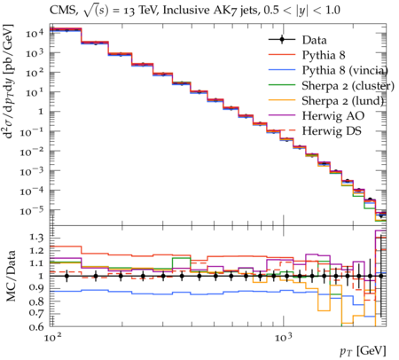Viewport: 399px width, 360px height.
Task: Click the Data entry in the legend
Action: (x=314, y=40)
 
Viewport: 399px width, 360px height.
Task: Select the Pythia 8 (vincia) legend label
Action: (x=345, y=70)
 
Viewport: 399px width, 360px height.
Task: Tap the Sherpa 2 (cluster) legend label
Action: (x=348, y=86)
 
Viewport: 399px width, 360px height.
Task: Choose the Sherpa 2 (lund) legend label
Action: (x=342, y=101)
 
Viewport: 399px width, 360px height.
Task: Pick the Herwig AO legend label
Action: (x=333, y=116)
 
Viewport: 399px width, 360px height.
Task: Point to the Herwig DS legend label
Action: (x=332, y=131)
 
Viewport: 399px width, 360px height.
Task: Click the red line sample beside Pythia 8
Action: (x=282, y=55)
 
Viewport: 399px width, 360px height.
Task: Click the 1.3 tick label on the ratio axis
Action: (x=36, y=238)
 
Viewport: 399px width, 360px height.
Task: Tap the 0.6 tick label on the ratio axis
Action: (x=36, y=326)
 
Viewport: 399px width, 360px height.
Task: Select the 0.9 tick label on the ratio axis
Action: (x=36, y=287)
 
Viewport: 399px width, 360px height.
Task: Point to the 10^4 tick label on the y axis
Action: (x=35, y=33)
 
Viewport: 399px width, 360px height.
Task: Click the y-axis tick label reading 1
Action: (x=40, y=112)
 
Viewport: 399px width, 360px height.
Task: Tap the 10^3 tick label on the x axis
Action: (x=284, y=337)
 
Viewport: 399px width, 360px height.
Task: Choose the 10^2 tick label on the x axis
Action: (x=53, y=337)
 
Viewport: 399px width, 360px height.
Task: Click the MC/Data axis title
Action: (x=12, y=277)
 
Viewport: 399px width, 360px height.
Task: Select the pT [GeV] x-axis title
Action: (x=363, y=351)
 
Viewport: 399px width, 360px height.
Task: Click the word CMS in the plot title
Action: (x=63, y=11)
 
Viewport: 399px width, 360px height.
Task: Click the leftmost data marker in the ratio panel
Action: (x=66, y=276)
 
